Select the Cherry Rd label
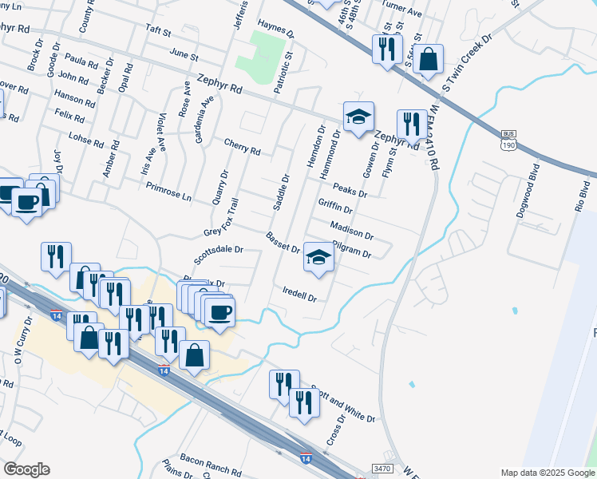click(x=243, y=149)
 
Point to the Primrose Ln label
click(x=169, y=191)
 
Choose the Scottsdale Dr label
click(x=218, y=255)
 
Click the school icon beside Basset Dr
click(x=318, y=258)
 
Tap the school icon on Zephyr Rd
click(x=358, y=117)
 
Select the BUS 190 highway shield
click(x=508, y=140)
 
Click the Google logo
click(x=26, y=469)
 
